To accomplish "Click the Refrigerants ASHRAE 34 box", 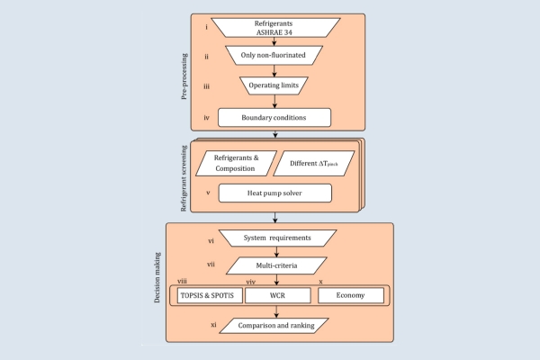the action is [275, 28].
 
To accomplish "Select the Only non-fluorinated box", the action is [274, 55].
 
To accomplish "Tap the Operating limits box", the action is [274, 85].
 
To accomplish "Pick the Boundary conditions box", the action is [274, 118].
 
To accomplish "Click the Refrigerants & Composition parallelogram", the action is [236, 163].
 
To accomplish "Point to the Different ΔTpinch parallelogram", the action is [314, 163].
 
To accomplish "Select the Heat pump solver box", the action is [275, 193].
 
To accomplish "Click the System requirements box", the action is [277, 238].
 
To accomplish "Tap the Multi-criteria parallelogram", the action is [276, 265].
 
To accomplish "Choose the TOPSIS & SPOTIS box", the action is [210, 295].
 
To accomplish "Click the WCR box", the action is [277, 295].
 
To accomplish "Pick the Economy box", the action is [351, 295].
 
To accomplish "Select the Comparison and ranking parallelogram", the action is [274, 326].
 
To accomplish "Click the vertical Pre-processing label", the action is [184, 76].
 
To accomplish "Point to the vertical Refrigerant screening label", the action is [184, 178].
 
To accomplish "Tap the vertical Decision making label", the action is [157, 278].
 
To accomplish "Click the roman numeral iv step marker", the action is [206, 118].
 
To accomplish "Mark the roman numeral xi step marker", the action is [214, 325].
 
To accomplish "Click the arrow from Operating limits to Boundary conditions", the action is [274, 102].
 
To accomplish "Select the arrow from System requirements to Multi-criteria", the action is [276, 252].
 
